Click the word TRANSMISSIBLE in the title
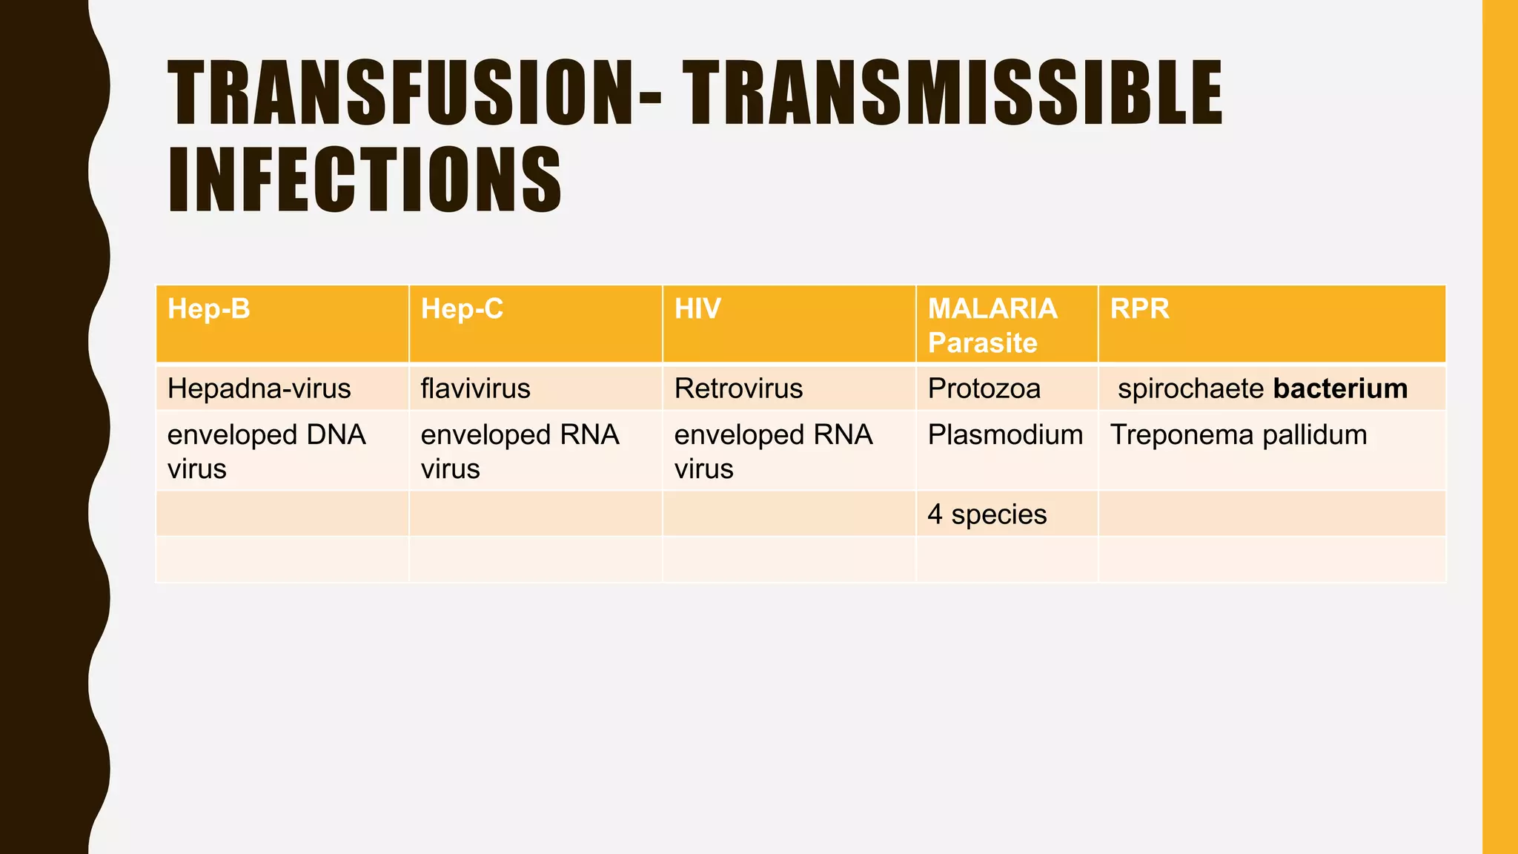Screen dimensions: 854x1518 tap(952, 94)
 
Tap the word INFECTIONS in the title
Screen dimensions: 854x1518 tap(365, 180)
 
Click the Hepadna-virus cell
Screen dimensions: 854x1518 tap(259, 388)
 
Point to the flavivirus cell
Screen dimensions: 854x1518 tap(475, 388)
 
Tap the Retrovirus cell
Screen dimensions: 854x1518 tap(738, 388)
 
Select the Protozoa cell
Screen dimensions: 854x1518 tap(984, 388)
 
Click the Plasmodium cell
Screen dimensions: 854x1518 tap(1005, 435)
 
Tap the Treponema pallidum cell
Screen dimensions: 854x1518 tap(1238, 435)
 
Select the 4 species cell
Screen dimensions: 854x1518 tap(987, 514)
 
